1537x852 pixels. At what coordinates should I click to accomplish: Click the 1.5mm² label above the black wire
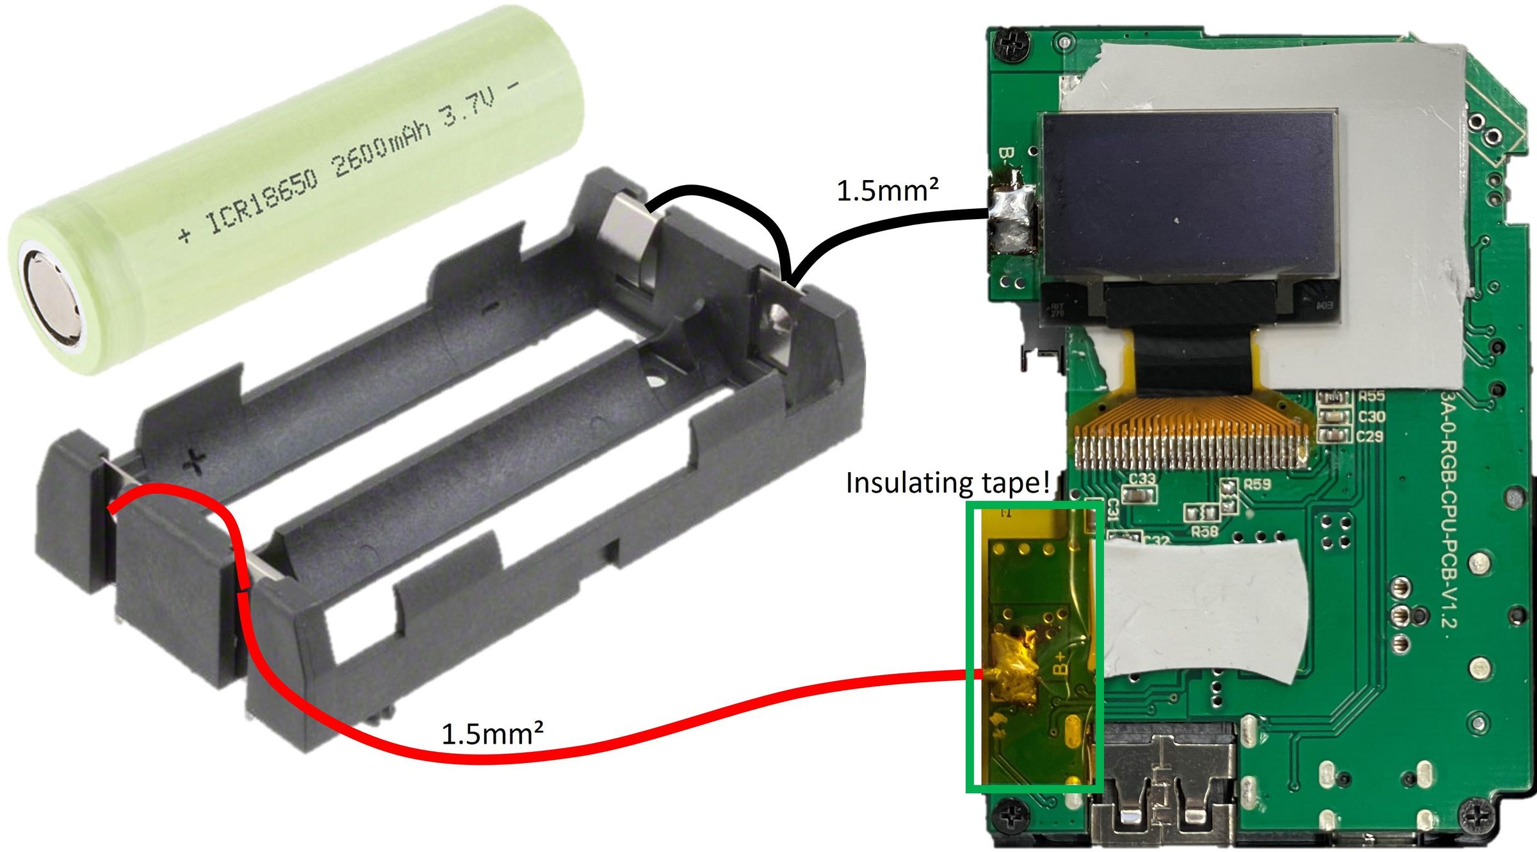[x=888, y=191]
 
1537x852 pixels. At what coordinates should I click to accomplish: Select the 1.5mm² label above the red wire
[x=492, y=734]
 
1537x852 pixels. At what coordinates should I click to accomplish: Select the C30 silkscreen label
[x=1371, y=417]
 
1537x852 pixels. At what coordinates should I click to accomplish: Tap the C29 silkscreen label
[x=1370, y=437]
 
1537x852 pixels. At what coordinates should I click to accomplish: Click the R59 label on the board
[x=1257, y=484]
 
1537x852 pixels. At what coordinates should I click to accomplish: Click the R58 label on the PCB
[x=1205, y=531]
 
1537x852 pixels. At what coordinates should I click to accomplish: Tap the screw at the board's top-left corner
[x=1012, y=45]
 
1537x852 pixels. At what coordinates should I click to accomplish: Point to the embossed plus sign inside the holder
[x=194, y=459]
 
